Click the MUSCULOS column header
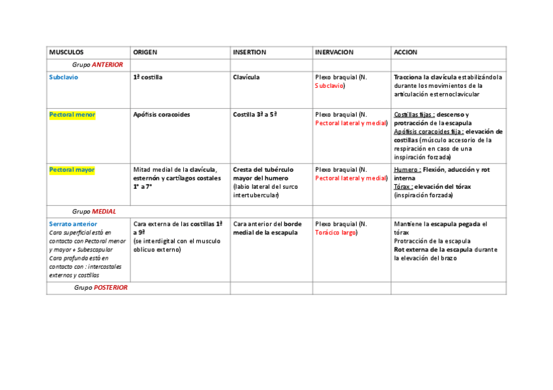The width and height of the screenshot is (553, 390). pos(67,52)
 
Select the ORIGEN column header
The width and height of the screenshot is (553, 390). pos(145,52)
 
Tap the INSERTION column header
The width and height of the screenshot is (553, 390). pos(250,52)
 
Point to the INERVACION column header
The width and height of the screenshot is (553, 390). pos(334,52)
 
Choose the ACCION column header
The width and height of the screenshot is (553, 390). pos(405,52)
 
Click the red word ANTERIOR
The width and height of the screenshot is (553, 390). pos(107,64)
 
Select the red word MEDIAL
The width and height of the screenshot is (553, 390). pos(104,212)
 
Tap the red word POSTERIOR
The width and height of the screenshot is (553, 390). pos(110,288)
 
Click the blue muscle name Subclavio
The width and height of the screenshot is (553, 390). pos(63,77)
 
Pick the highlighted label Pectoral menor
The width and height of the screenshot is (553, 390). pos(72,115)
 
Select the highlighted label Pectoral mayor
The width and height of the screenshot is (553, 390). pos(72,170)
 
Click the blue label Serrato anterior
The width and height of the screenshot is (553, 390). pos(72,224)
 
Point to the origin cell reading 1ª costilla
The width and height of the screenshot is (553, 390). pos(147,77)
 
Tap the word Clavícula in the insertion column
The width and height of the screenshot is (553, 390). pos(246,77)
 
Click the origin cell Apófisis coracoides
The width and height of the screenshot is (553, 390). pos(161,115)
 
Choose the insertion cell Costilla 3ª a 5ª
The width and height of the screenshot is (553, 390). pos(255,115)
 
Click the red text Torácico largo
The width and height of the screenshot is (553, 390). pos(335,232)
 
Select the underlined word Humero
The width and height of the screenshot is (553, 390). pos(406,170)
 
